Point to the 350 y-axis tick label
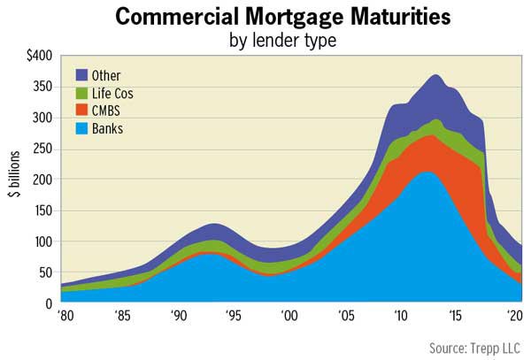point(39,87)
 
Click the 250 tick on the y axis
point(39,149)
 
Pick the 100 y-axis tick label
point(39,241)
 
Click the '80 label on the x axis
point(65,316)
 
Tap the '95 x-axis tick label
point(233,316)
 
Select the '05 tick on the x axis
point(344,316)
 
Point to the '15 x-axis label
point(456,316)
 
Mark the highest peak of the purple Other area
point(435,76)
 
